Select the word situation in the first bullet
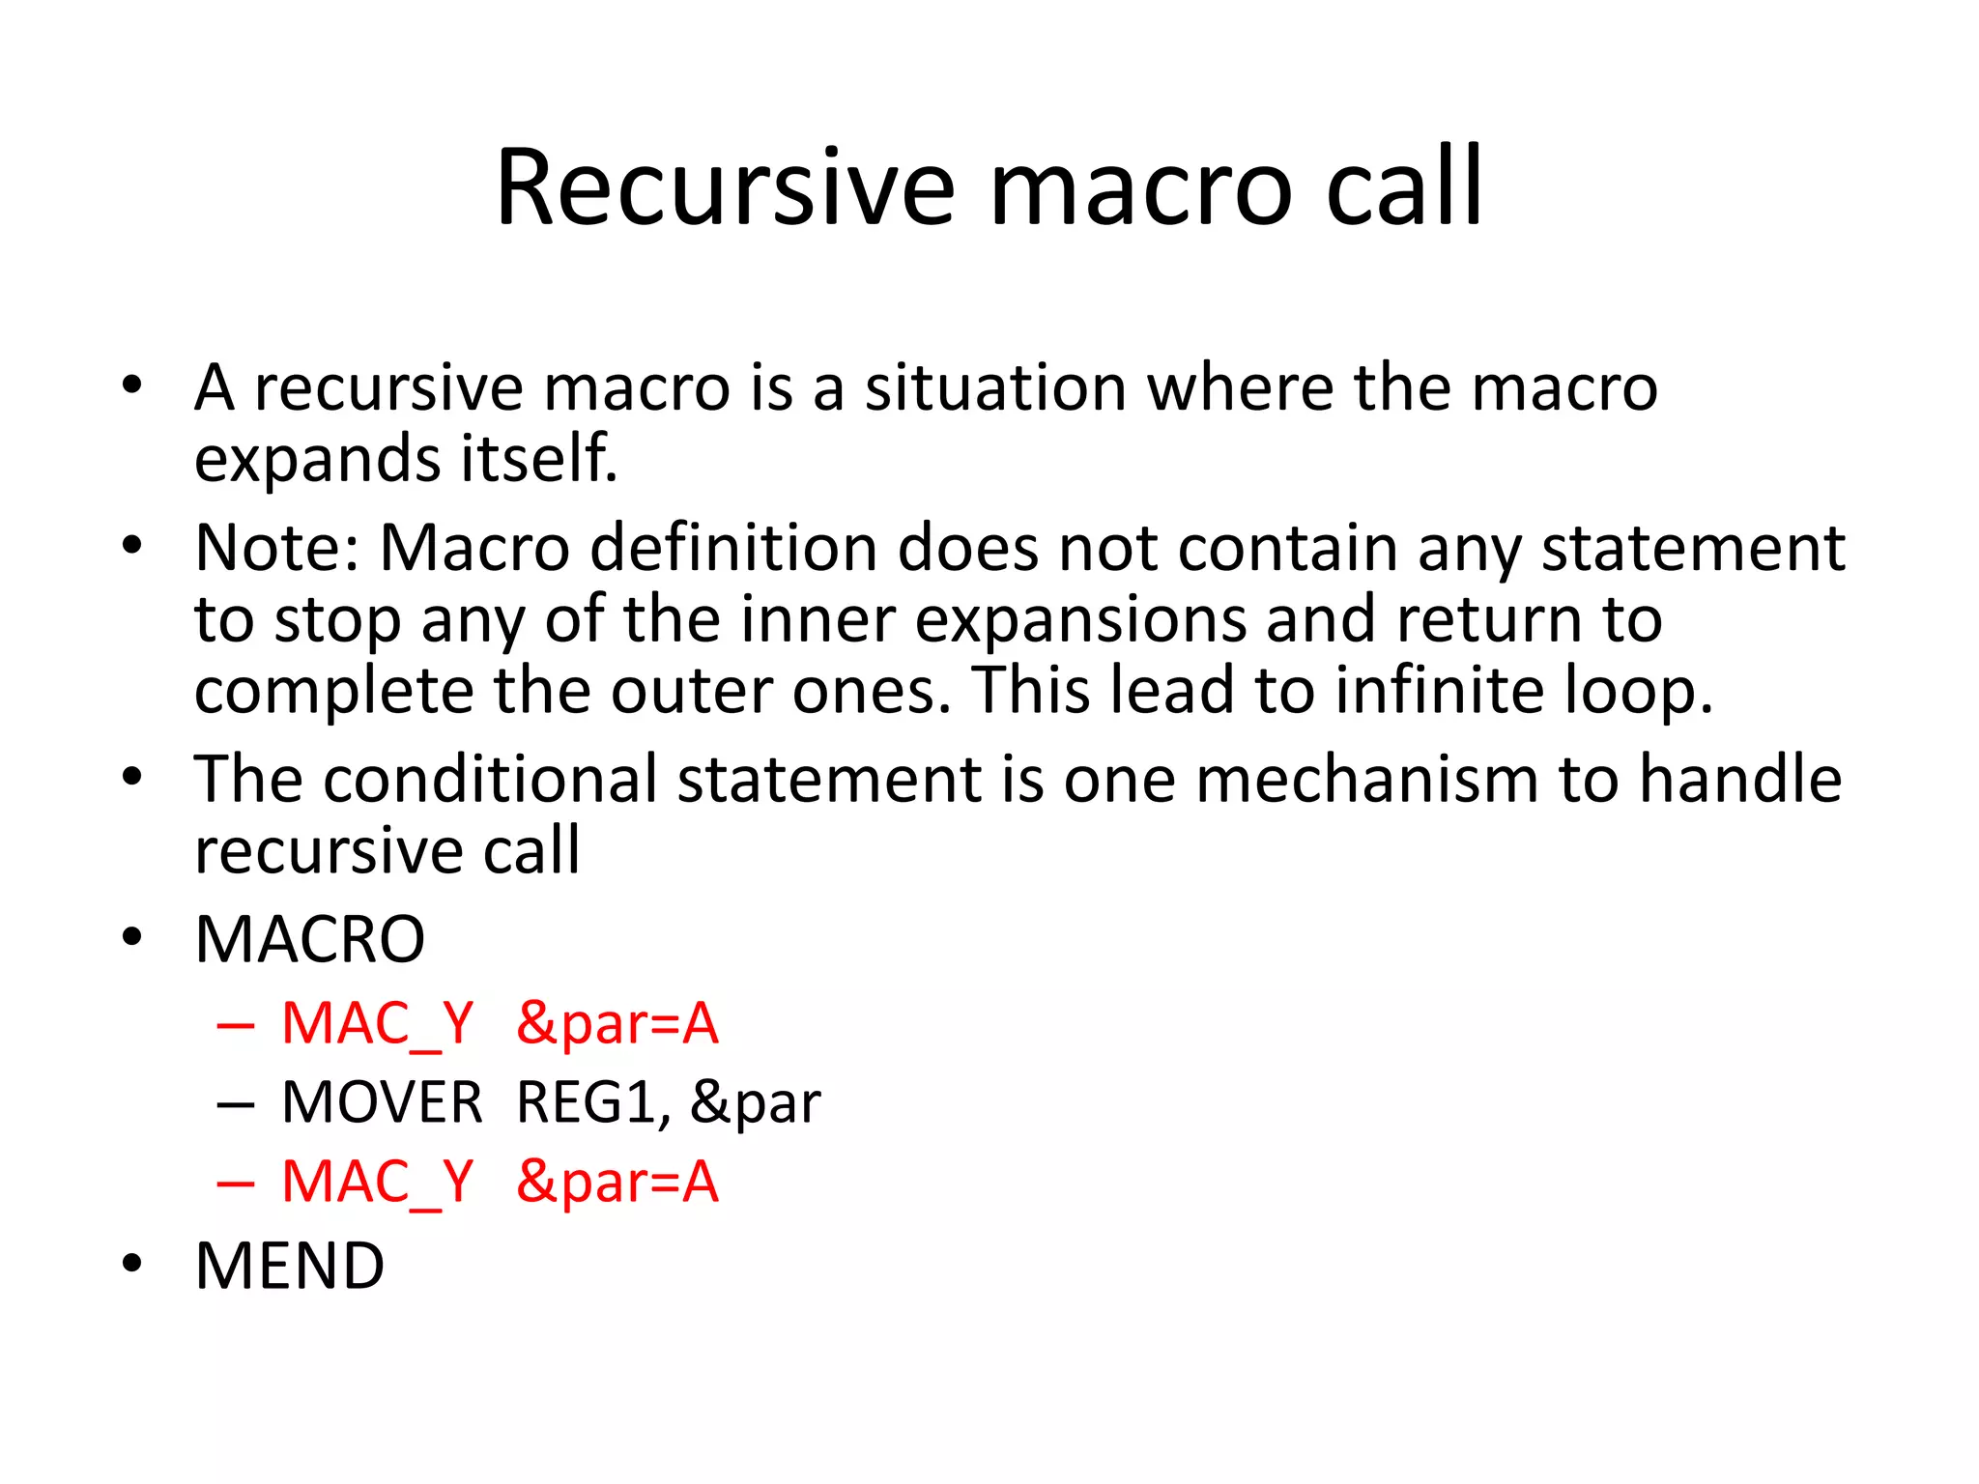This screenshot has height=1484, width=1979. pyautogui.click(x=995, y=387)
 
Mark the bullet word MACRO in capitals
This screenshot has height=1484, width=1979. pyautogui.click(x=309, y=939)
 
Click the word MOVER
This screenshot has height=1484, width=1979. pyautogui.click(x=382, y=1102)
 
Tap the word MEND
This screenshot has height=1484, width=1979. pyautogui.click(x=290, y=1266)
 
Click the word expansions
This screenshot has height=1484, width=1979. pyautogui.click(x=1080, y=619)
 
